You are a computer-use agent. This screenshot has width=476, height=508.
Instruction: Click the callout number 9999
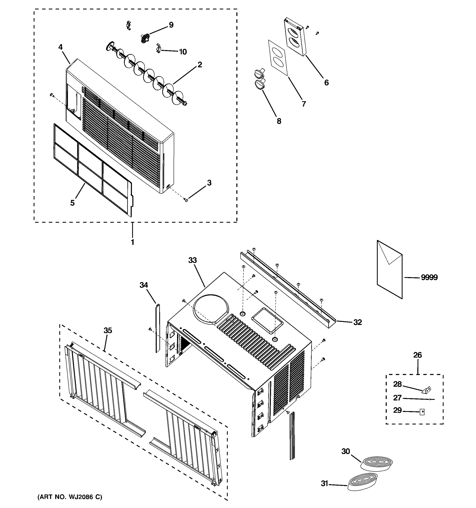(429, 277)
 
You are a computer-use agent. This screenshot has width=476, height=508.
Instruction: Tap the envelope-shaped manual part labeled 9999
(389, 271)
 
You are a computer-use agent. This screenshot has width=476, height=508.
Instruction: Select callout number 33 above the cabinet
(193, 260)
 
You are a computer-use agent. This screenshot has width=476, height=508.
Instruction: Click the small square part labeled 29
(422, 412)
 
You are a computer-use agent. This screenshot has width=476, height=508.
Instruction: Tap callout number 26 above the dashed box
(418, 355)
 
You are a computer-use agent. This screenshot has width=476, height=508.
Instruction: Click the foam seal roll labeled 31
(363, 481)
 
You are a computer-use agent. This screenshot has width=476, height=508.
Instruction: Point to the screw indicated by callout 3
(186, 200)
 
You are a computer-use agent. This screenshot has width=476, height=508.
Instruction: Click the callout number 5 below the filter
(73, 203)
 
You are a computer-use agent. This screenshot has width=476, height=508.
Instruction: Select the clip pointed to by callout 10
(159, 48)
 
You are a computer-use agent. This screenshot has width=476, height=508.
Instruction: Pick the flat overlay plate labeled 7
(278, 58)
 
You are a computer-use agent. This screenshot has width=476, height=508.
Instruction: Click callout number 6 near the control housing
(326, 83)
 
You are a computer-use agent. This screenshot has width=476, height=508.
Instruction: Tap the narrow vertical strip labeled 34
(158, 328)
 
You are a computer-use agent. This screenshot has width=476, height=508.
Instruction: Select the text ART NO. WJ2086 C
(70, 497)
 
